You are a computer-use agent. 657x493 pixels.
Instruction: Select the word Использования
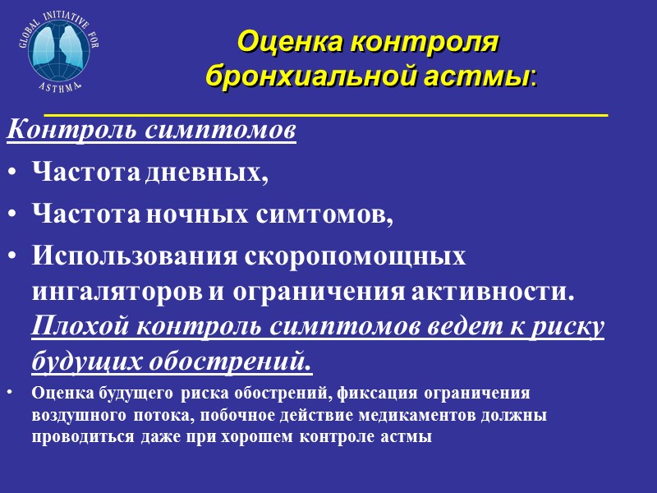(134, 256)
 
